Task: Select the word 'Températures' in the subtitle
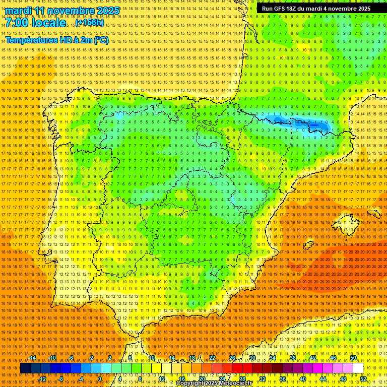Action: coord(30,40)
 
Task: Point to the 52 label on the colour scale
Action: coord(363,379)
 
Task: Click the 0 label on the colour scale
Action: coord(100,379)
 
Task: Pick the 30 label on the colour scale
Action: coord(252,358)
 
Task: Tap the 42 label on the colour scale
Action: coord(312,358)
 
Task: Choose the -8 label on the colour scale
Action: coord(60,379)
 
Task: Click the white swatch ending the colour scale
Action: coord(358,368)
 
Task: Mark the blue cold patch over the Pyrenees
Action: coord(307,123)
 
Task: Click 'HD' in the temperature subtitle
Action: coord(67,40)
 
